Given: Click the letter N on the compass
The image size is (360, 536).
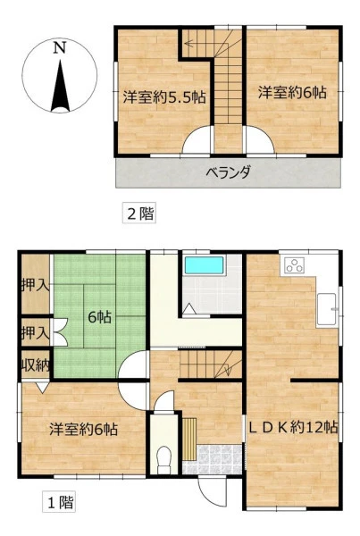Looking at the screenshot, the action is (x=60, y=47).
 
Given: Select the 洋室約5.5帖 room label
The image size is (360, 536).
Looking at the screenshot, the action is (x=164, y=97).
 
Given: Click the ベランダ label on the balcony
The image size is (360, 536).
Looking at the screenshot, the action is (x=229, y=172).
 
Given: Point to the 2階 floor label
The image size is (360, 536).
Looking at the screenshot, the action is (x=139, y=214).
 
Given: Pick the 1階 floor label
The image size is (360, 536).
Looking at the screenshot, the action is (x=59, y=502).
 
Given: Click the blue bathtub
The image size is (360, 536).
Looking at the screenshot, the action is (x=204, y=265).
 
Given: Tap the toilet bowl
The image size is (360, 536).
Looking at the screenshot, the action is (x=163, y=460).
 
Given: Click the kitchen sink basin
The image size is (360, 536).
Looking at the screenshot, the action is (x=328, y=309).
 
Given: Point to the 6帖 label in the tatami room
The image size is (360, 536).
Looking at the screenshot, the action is (x=99, y=317).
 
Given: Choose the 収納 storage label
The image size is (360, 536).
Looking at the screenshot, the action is (x=36, y=365).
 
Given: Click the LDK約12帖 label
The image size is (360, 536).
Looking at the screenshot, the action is (x=293, y=427).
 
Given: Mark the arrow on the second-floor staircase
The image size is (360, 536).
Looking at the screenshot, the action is (x=188, y=44).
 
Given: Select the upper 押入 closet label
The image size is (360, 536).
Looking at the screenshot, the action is (x=36, y=285).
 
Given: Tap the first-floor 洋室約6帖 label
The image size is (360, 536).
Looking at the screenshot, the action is (x=83, y=429).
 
